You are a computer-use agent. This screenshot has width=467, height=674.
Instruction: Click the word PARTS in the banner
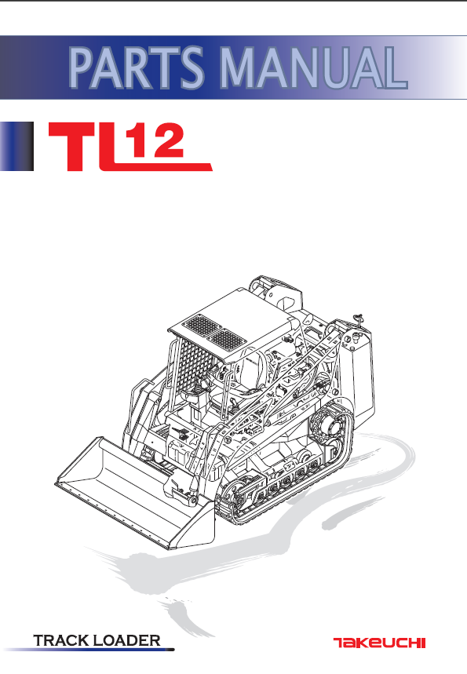click(x=137, y=67)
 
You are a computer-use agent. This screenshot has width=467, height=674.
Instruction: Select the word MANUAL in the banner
click(x=313, y=67)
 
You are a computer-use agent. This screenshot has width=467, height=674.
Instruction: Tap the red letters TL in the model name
click(x=86, y=147)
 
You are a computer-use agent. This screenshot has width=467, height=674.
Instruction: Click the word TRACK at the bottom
click(x=61, y=640)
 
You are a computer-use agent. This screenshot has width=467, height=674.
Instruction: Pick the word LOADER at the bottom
click(x=127, y=640)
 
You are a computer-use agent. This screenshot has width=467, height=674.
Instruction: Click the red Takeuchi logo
click(x=379, y=643)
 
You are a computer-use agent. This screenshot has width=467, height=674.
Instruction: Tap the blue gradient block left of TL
click(x=16, y=146)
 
